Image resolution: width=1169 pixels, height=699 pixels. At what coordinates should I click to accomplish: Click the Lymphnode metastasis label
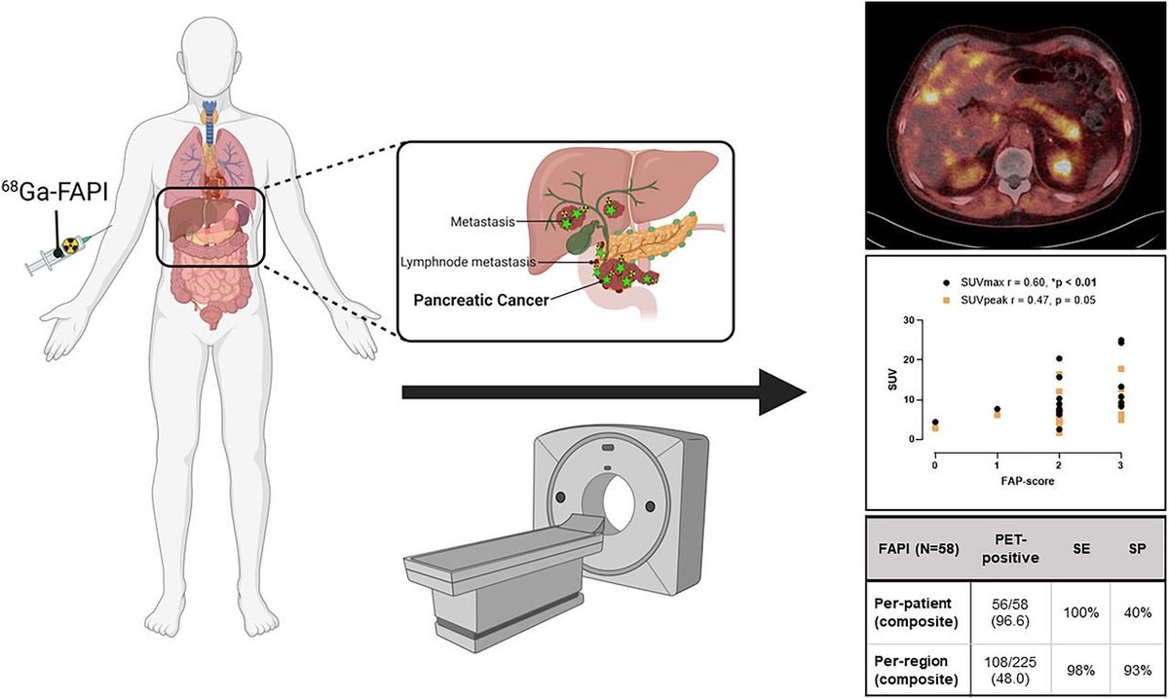click(466, 261)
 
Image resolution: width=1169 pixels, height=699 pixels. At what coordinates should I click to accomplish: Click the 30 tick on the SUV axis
click(915, 320)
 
